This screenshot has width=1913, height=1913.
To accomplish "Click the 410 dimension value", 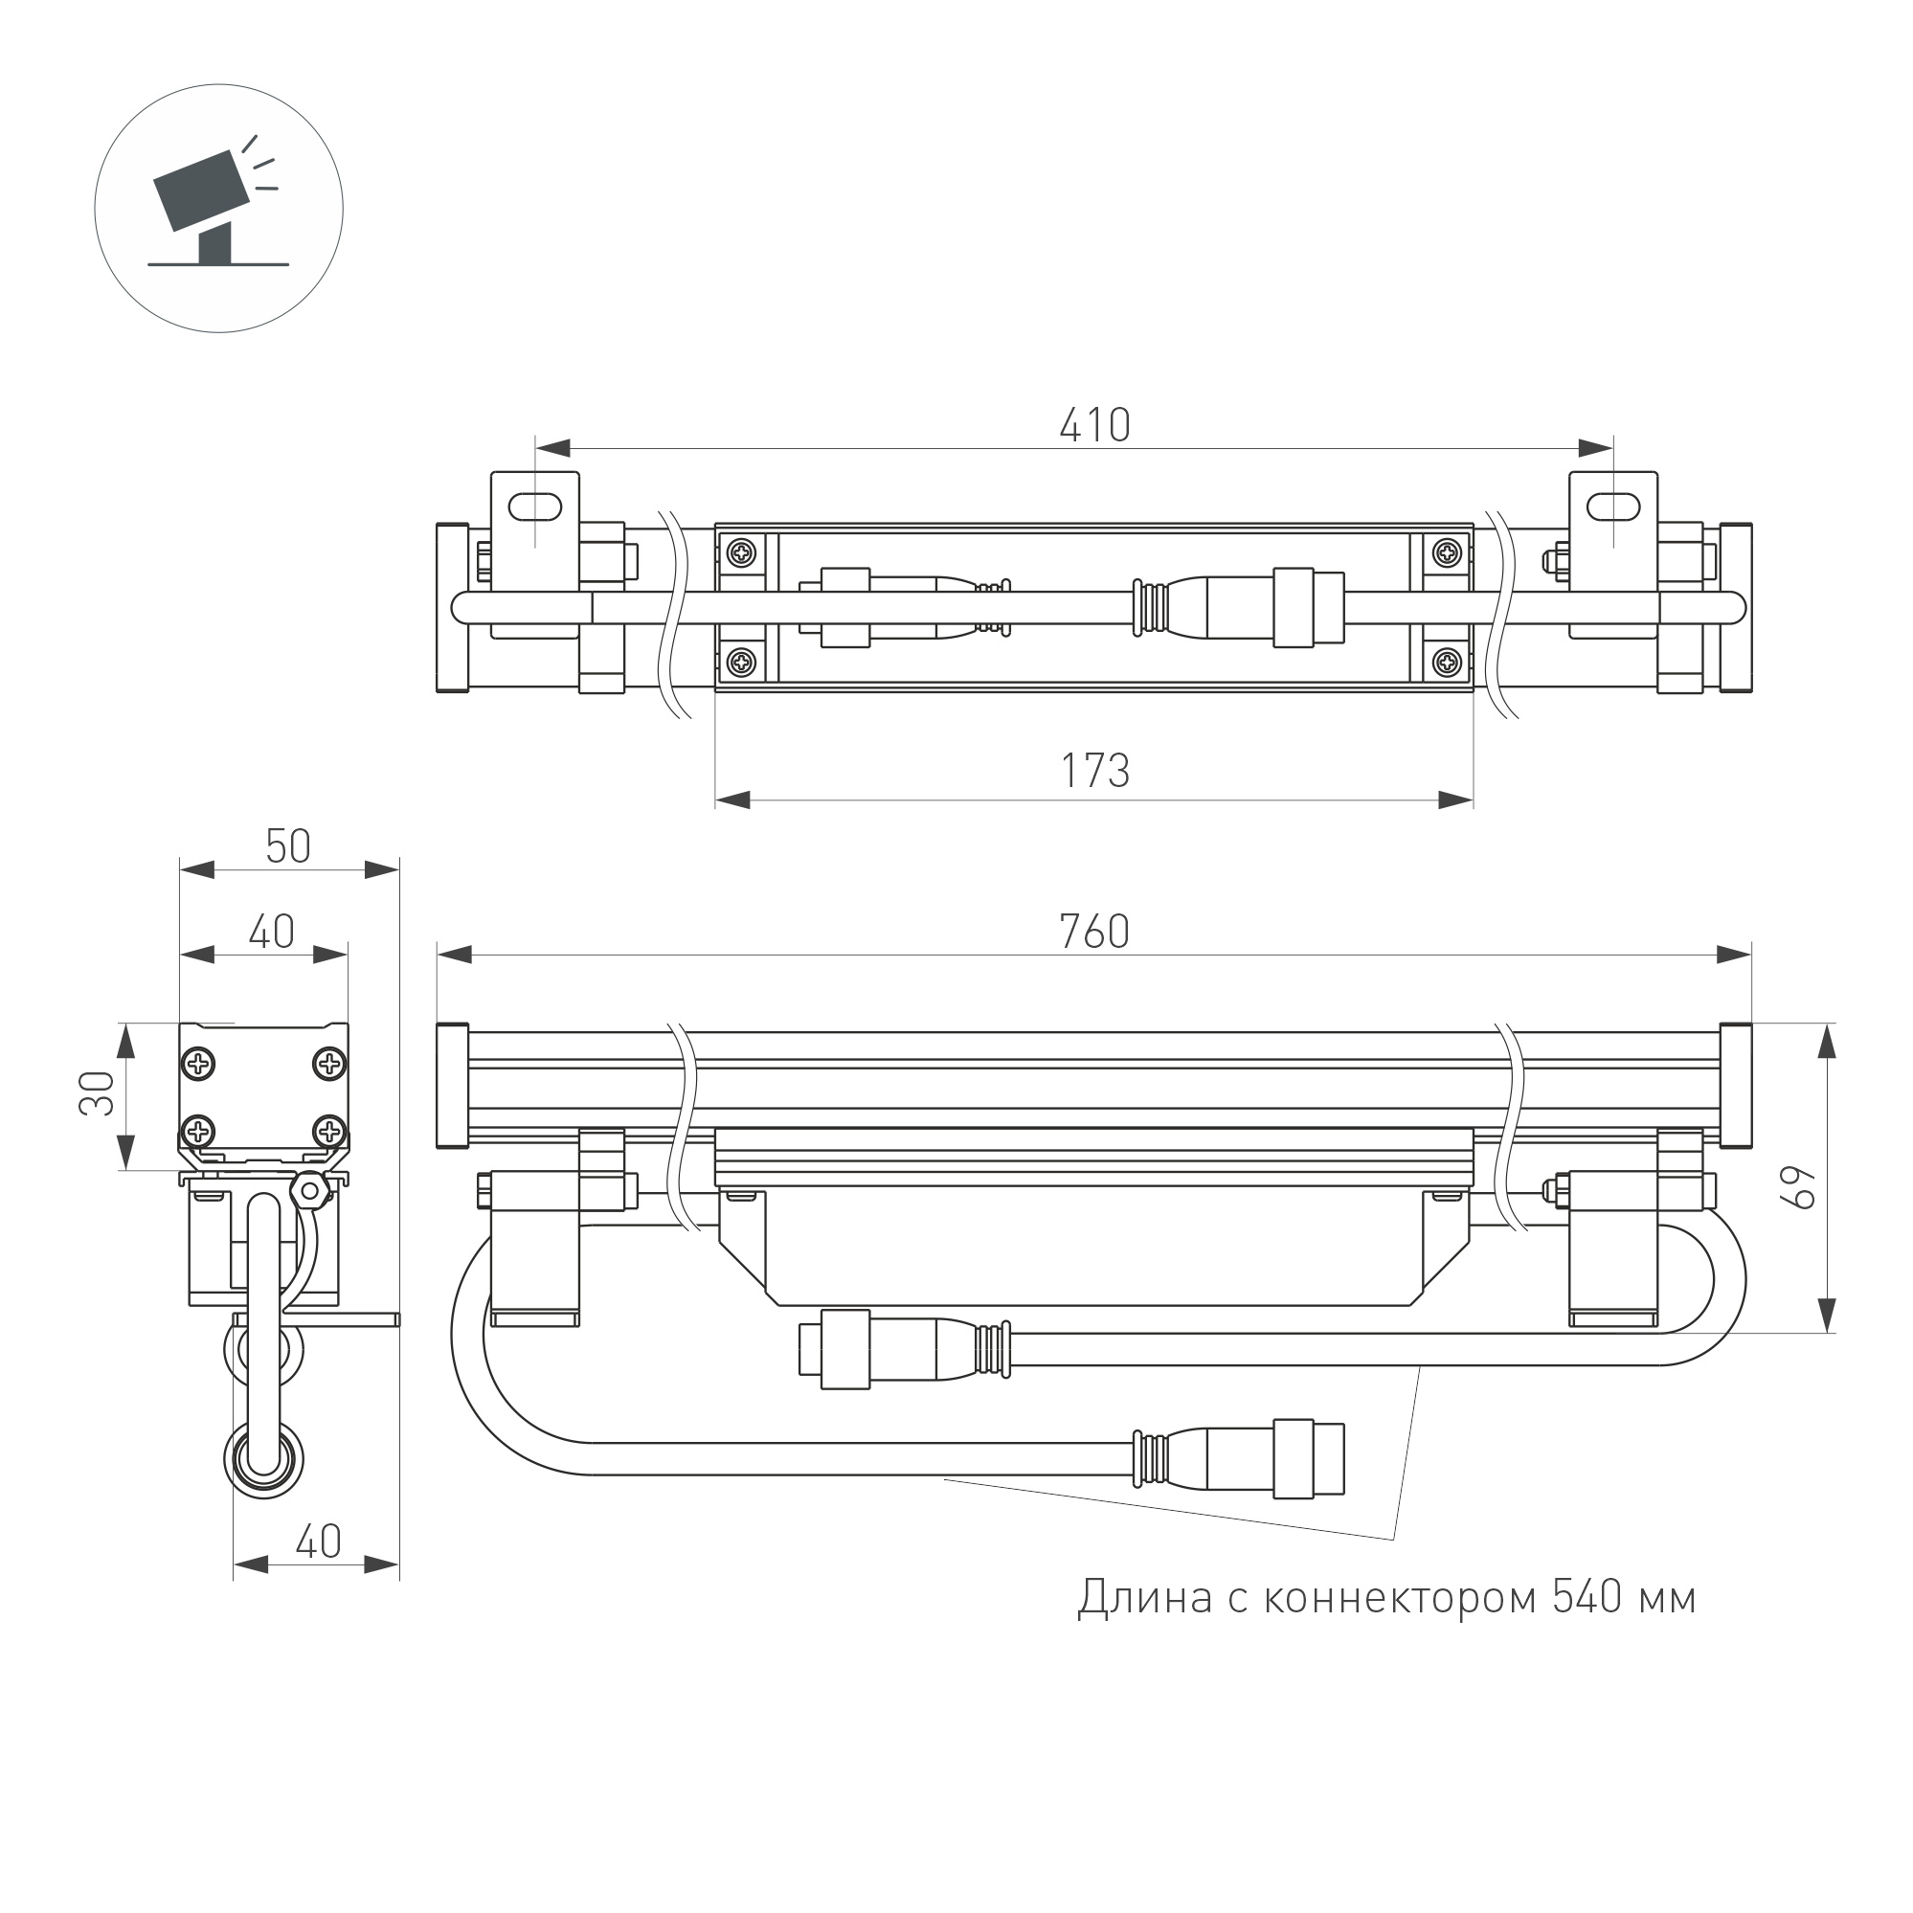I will (x=1094, y=426).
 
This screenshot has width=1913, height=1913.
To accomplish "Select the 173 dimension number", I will (x=1094, y=771).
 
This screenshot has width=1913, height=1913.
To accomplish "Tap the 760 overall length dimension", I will (x=1094, y=932).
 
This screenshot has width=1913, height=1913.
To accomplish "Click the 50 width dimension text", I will (x=288, y=846).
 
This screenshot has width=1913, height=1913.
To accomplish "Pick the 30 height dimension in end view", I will (x=97, y=1093).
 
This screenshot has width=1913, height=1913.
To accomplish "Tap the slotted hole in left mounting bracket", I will (x=534, y=506).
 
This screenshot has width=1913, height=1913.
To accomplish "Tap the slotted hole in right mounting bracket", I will (x=1613, y=506).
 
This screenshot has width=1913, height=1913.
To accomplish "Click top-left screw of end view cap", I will (x=199, y=1065).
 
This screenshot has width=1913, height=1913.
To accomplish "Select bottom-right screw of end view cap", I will (x=328, y=1130).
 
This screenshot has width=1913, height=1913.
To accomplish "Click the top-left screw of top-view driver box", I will (x=741, y=552).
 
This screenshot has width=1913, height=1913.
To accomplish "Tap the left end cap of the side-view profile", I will (x=452, y=1085).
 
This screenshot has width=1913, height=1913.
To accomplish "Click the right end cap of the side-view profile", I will (x=1736, y=1085).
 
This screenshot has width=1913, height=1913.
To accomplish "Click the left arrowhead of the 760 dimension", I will (x=455, y=955).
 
